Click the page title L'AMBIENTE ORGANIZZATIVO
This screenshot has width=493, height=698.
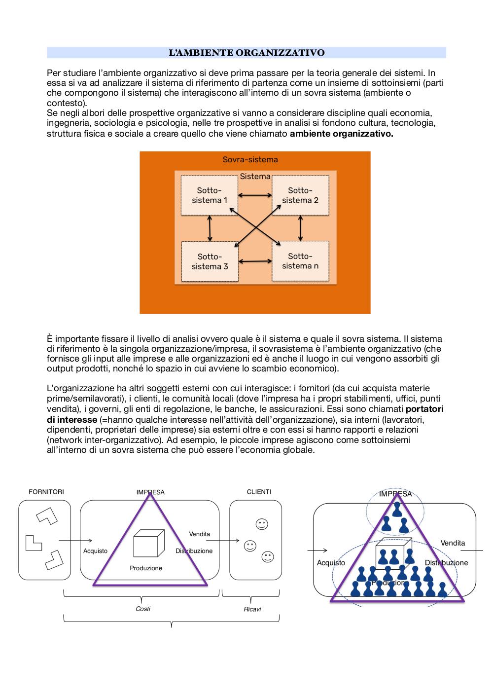click(246, 53)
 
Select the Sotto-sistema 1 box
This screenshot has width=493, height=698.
click(210, 195)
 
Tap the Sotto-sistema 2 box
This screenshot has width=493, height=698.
click(300, 195)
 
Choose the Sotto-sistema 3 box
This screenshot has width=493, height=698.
click(210, 261)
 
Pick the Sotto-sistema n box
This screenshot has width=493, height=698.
click(300, 261)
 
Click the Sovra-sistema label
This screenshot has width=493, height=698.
click(250, 159)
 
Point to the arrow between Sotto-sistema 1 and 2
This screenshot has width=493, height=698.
click(255, 195)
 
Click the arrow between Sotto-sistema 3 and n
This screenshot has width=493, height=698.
click(255, 261)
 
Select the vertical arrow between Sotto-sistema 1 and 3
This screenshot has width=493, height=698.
click(210, 228)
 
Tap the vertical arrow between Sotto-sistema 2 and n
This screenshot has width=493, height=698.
click(300, 228)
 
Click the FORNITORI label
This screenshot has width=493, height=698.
click(46, 492)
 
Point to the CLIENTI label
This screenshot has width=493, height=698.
click(259, 492)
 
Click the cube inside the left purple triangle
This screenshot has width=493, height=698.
click(149, 543)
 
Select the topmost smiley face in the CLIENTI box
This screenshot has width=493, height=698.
click(262, 524)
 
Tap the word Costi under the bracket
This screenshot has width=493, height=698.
click(143, 609)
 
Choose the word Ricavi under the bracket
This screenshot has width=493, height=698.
click(252, 609)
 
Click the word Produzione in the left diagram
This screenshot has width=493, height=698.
click(146, 568)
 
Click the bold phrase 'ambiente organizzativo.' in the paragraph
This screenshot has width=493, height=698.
click(342, 134)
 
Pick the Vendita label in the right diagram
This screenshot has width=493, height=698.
click(453, 543)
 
